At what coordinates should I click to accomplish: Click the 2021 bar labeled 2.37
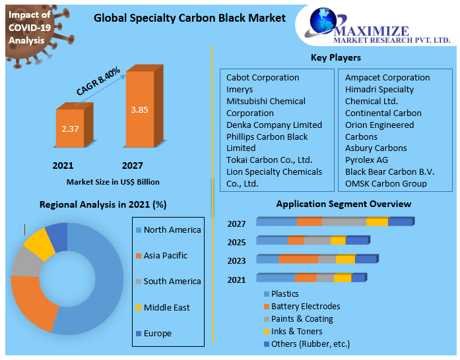tap(69, 129)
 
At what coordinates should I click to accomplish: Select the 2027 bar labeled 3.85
tap(139, 109)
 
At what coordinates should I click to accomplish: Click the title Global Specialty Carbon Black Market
tap(189, 18)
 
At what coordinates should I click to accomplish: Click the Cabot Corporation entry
tap(263, 78)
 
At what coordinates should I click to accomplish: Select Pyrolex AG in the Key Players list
tap(367, 160)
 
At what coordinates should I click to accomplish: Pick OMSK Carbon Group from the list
tap(386, 184)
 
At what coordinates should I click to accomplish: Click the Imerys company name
tap(240, 90)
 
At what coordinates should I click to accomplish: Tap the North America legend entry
tap(172, 230)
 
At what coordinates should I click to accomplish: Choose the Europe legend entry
tap(157, 334)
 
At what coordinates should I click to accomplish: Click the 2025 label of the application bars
tap(236, 242)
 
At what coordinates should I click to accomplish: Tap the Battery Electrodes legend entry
tap(305, 307)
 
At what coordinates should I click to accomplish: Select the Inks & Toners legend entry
tap(296, 332)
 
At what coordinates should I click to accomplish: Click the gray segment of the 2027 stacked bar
tap(344, 222)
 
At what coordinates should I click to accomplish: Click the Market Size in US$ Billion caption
tap(113, 182)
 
